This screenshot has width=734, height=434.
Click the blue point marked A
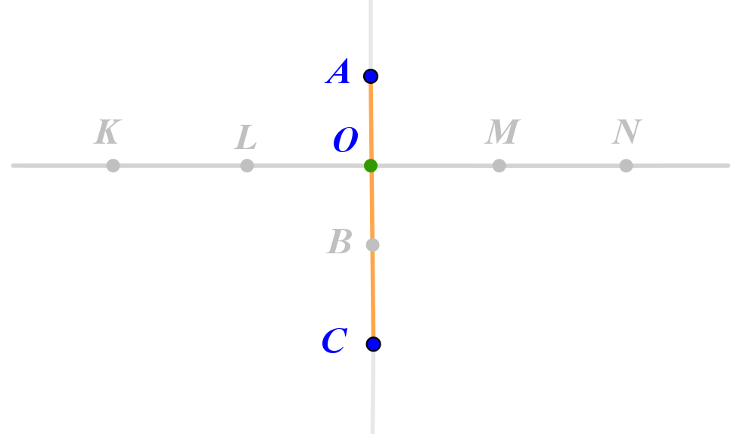(x=370, y=76)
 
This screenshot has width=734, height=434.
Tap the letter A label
(x=339, y=73)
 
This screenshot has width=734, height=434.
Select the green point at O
(x=370, y=166)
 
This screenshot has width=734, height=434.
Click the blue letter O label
(x=346, y=141)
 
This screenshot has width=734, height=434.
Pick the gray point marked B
(x=372, y=245)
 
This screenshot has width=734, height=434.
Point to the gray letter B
(x=340, y=243)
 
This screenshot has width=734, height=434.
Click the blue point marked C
(x=373, y=344)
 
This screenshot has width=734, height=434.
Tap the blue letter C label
(x=334, y=342)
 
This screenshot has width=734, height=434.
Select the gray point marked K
(x=113, y=166)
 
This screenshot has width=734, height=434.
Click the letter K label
(x=107, y=133)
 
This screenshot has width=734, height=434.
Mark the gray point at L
(x=247, y=166)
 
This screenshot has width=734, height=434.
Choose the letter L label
(x=246, y=138)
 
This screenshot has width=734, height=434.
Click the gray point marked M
(x=499, y=166)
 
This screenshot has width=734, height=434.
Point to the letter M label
(x=502, y=133)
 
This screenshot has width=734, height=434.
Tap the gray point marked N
(x=626, y=166)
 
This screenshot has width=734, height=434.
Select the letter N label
(x=627, y=132)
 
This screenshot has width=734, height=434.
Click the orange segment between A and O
(x=370, y=121)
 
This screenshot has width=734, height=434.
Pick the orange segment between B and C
(x=372, y=295)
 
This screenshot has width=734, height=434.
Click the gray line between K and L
(x=180, y=166)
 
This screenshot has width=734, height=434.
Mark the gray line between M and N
(x=562, y=166)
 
